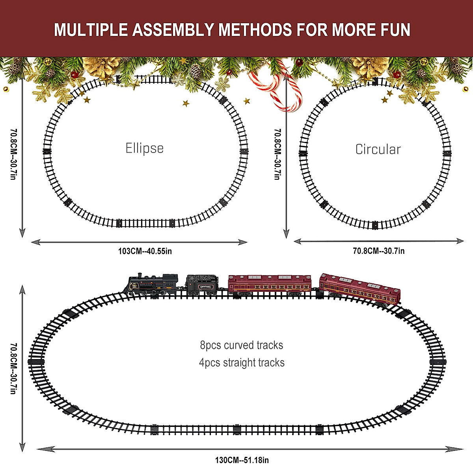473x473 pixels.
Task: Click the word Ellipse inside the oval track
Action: coord(144,148)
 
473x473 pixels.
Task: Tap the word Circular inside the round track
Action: coord(378,149)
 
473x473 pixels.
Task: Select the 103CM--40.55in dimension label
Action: coord(145,251)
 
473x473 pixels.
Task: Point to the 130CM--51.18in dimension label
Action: coord(242,460)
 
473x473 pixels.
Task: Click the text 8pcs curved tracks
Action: coord(242,345)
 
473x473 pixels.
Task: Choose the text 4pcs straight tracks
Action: coord(242,363)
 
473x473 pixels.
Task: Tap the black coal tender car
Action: coord(202,285)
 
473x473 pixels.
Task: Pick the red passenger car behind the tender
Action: coord(270,285)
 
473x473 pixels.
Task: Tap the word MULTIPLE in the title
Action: coord(91,30)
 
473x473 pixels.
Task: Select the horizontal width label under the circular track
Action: coord(378,251)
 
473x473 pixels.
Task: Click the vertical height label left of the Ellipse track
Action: coord(13,154)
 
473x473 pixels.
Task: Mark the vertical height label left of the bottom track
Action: coord(13,368)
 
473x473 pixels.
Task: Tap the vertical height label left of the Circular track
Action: coord(277,154)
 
